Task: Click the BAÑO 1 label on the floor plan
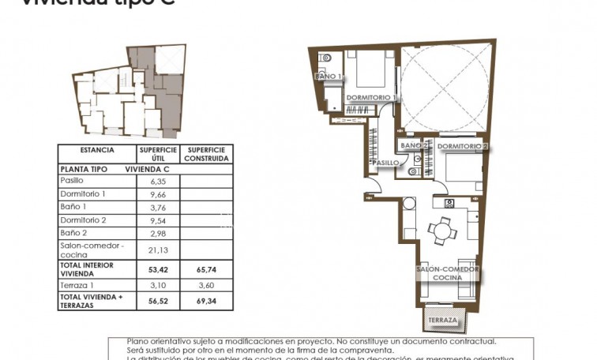click(x=329, y=77)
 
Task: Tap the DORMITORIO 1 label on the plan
click(x=370, y=97)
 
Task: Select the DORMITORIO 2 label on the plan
click(x=463, y=147)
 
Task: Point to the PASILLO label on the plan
click(x=386, y=163)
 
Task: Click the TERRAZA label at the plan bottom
click(x=443, y=321)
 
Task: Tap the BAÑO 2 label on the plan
click(x=415, y=146)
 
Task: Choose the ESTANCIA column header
click(x=97, y=150)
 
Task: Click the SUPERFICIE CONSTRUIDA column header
click(x=206, y=154)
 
